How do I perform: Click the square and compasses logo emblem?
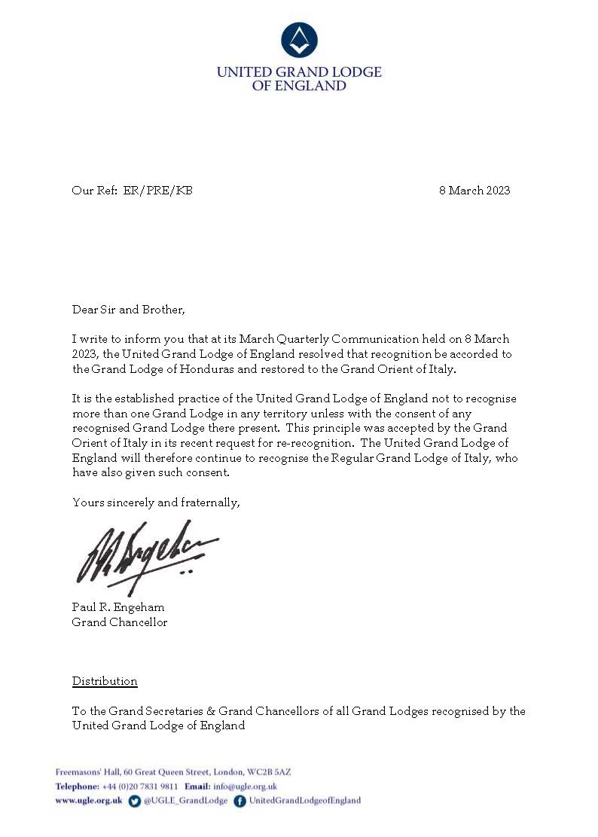point(299,40)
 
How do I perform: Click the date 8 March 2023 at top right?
point(474,191)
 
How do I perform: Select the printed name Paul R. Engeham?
point(118,607)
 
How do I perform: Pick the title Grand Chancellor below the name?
point(120,622)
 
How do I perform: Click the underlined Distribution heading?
point(105,681)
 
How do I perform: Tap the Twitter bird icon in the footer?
point(135,801)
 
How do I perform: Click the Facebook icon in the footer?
point(240,801)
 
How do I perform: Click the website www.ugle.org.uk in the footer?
point(89,801)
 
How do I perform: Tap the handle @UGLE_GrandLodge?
point(185,801)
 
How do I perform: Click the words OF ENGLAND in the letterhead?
point(299,86)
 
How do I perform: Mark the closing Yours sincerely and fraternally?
point(156,502)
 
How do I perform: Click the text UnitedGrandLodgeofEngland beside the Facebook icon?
point(304,801)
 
